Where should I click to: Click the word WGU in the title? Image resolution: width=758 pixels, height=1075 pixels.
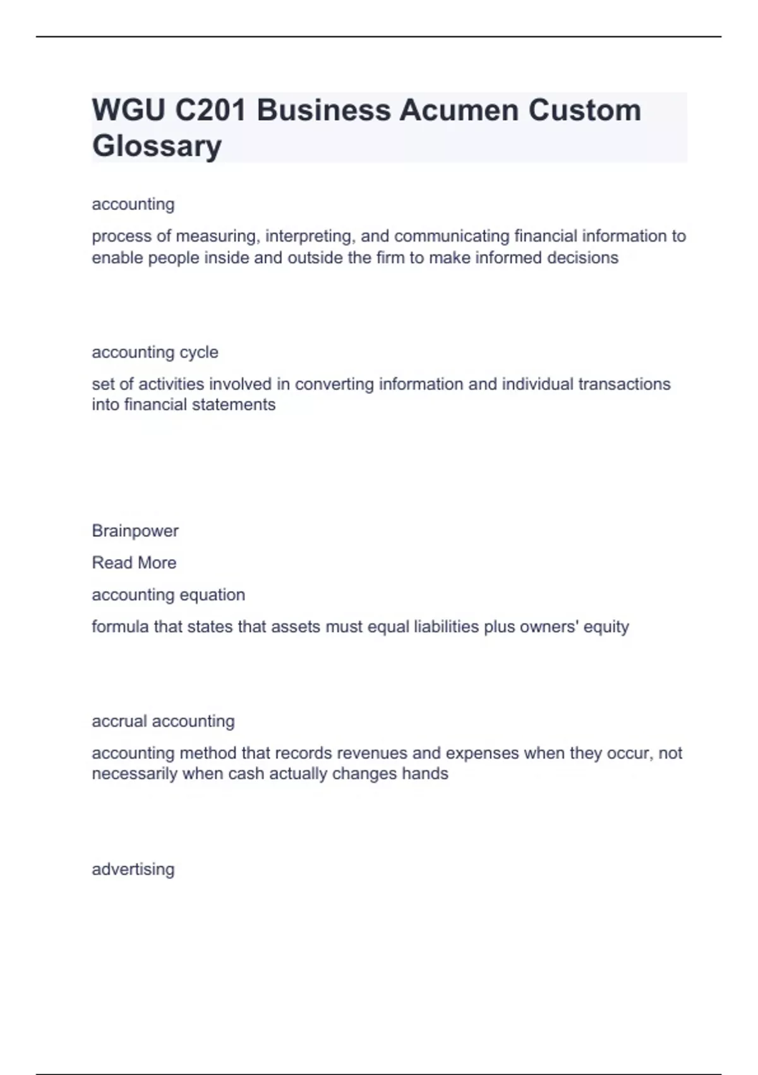coord(129,110)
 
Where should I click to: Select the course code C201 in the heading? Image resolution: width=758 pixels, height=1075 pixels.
coord(210,110)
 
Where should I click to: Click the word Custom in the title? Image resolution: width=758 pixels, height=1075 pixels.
coord(584,110)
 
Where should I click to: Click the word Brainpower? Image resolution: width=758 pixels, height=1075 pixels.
coord(135,531)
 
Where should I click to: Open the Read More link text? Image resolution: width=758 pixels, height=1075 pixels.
coord(134,563)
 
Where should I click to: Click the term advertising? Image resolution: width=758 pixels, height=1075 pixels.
coord(133,869)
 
